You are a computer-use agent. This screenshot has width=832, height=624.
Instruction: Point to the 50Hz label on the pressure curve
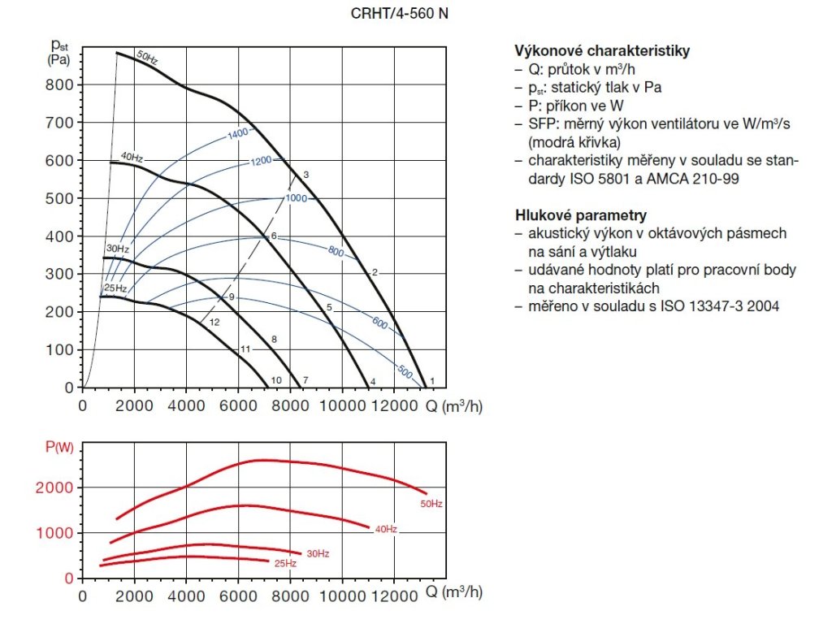[147, 57]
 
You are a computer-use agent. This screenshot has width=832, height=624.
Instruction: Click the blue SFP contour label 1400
[238, 133]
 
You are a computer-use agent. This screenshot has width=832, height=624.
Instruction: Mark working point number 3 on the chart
[306, 175]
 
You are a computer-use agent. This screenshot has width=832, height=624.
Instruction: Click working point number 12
[214, 323]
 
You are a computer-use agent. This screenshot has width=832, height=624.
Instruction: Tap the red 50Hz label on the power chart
[431, 505]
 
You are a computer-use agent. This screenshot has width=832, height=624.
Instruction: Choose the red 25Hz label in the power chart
[284, 563]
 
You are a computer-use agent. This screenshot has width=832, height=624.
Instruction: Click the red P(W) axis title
[58, 445]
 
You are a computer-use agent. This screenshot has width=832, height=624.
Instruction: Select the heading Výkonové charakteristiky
[602, 51]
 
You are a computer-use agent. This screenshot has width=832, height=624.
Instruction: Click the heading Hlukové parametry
[580, 215]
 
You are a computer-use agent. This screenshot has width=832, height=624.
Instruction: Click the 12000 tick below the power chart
[393, 595]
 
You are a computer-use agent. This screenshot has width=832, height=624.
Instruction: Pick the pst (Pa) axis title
[58, 51]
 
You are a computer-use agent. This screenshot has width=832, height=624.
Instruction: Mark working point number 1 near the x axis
[432, 380]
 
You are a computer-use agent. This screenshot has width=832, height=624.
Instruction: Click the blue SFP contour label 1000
[296, 198]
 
